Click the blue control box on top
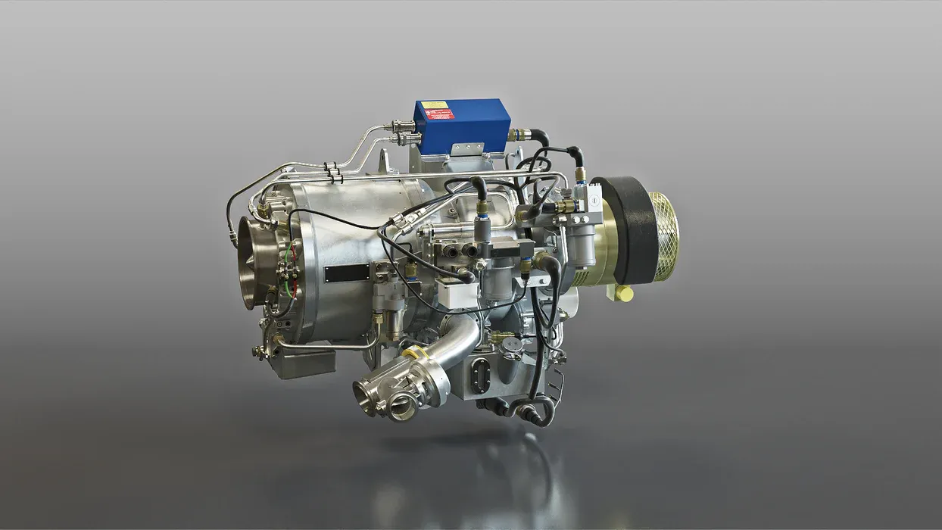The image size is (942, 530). coord(462,125)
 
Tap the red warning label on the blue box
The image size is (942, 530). coord(439,114)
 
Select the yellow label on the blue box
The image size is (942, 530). coord(435,104)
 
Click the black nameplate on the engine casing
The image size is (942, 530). coord(347,273)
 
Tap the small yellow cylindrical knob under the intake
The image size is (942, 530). coord(624,293)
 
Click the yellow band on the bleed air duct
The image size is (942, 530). coord(415,353)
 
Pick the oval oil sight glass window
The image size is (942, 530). coord(479,376)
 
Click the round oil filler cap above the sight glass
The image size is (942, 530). coord(513,345)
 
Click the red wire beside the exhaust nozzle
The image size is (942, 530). coord(290,284)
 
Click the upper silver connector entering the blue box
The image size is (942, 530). coord(400,126)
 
